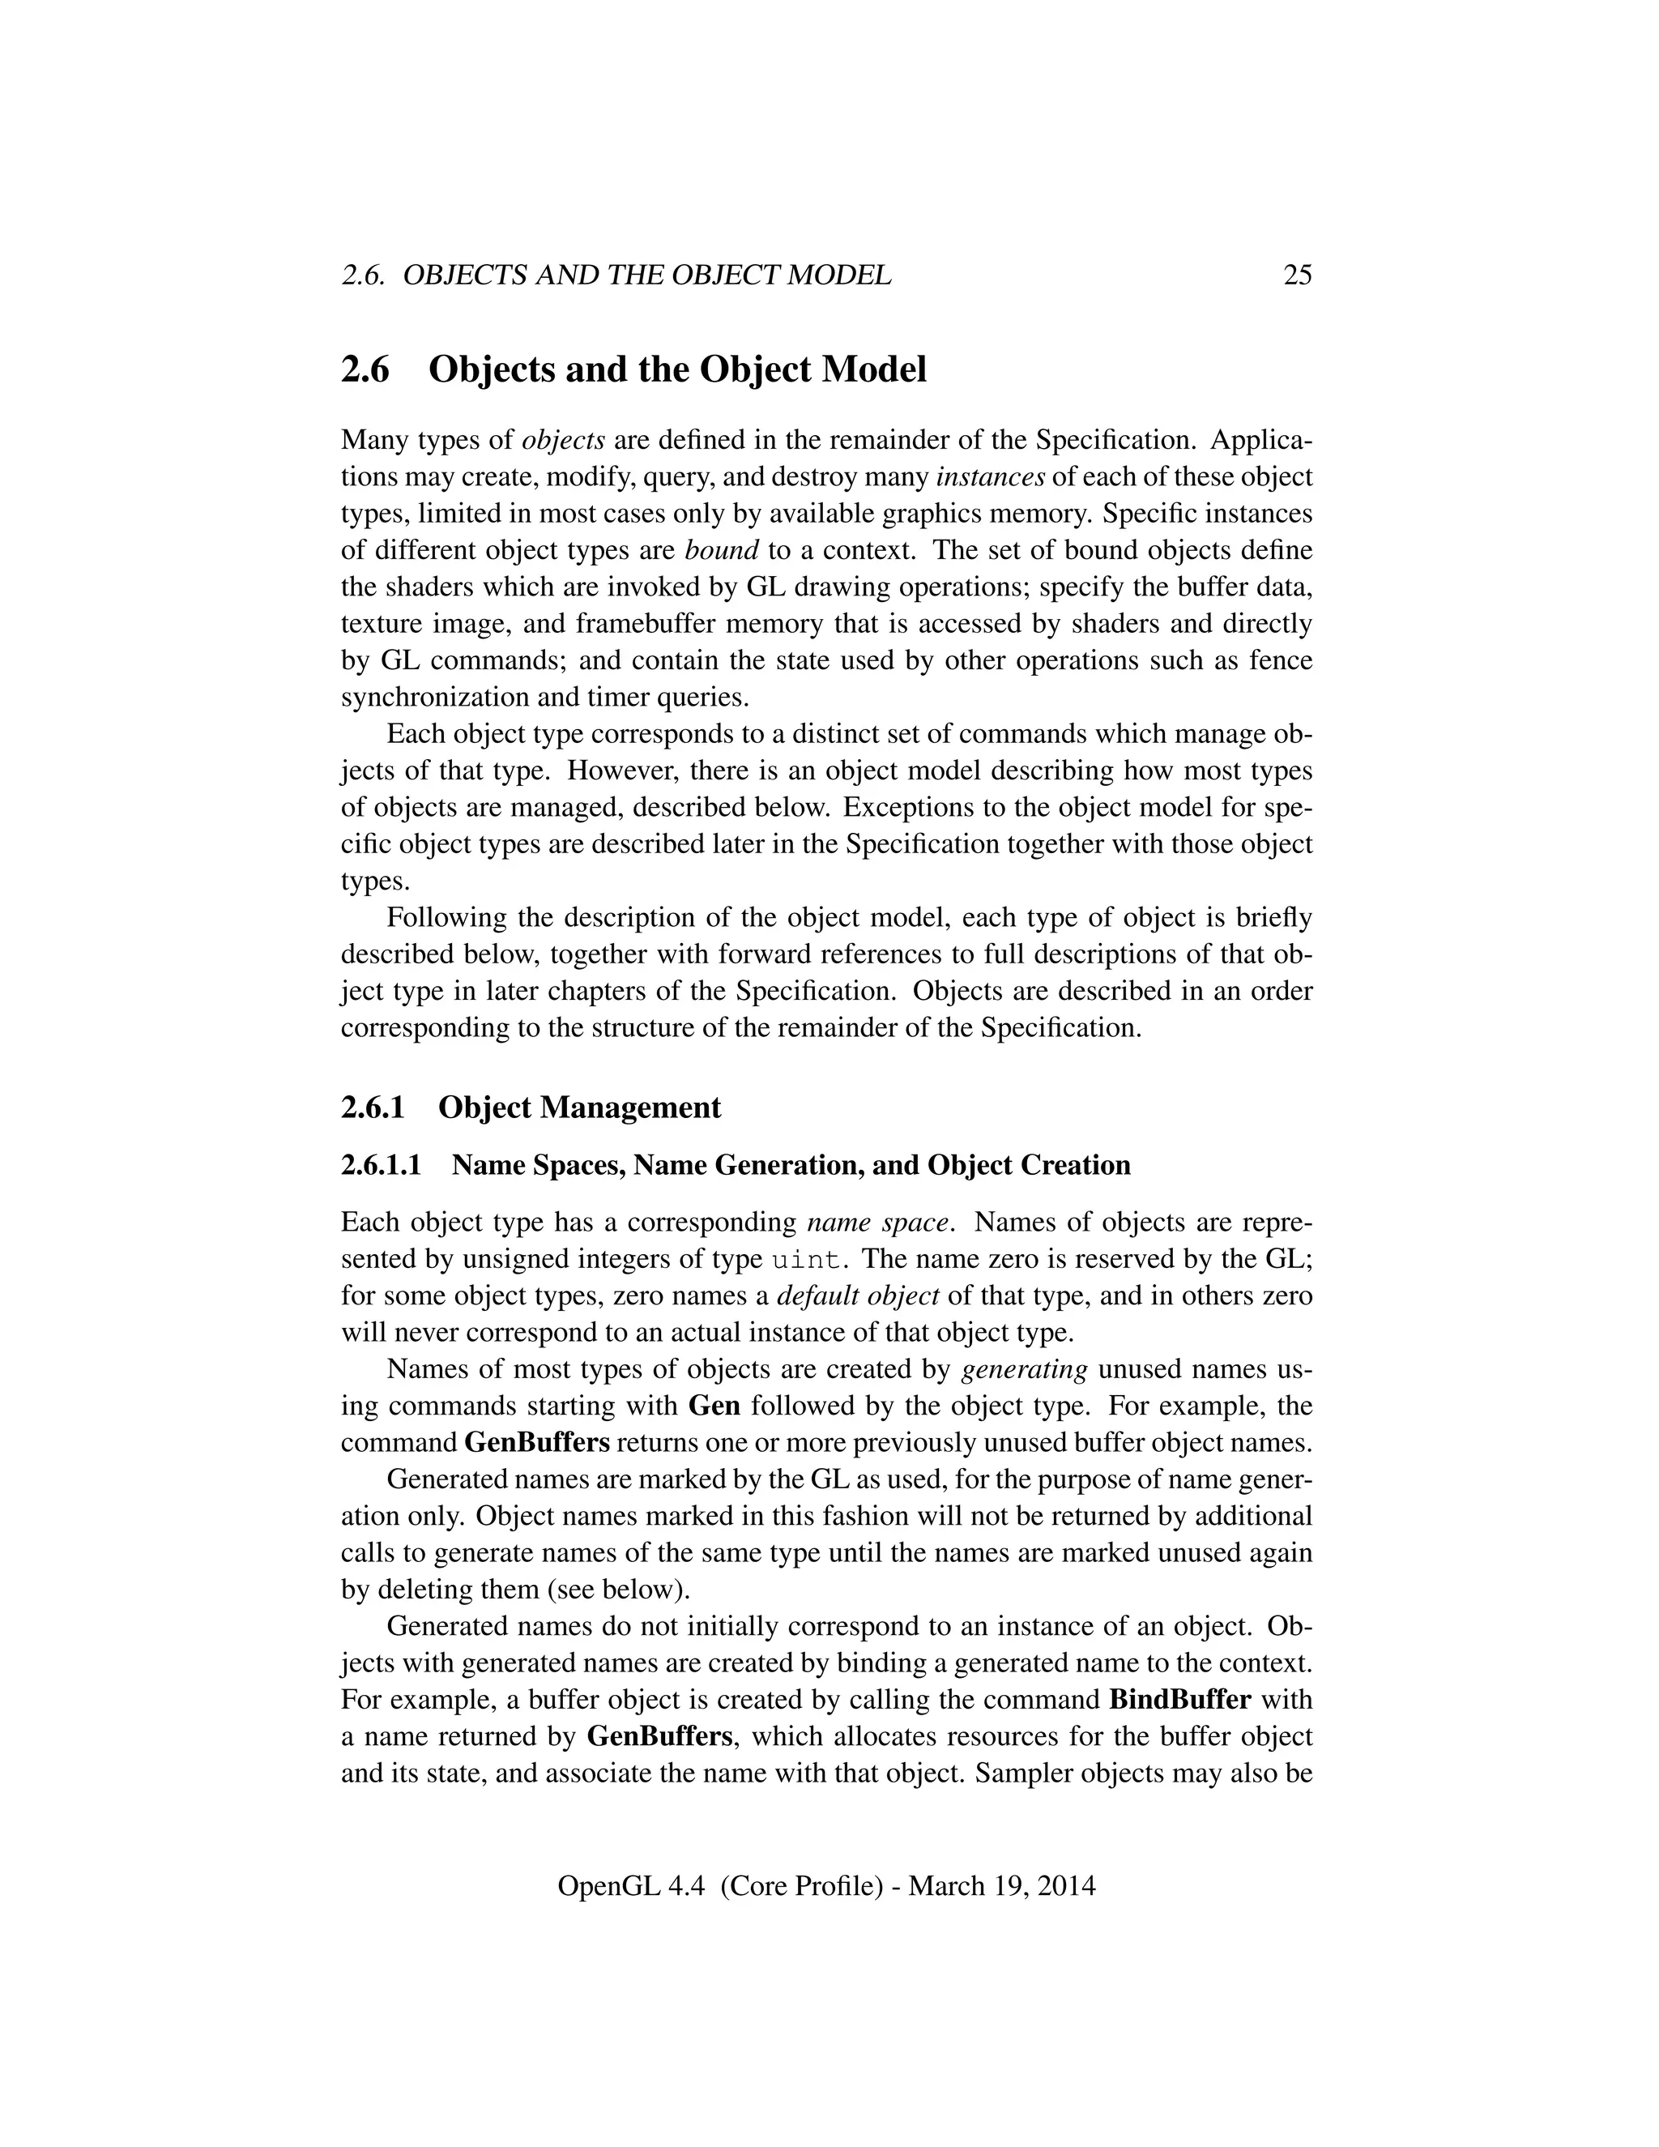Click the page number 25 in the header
click(x=1298, y=275)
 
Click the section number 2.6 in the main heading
click(x=365, y=369)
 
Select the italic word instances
click(x=990, y=476)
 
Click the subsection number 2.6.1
click(x=373, y=1107)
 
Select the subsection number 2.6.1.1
click(x=382, y=1165)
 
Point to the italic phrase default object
click(x=858, y=1295)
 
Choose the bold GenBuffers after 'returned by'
click(x=659, y=1736)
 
